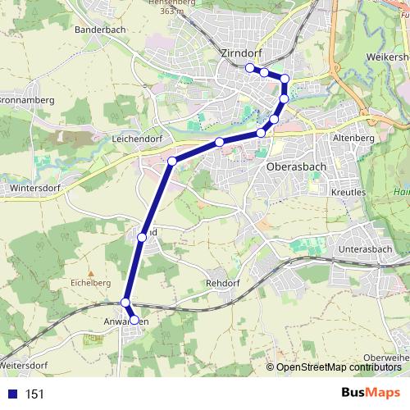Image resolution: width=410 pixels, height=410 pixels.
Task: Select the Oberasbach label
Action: (x=296, y=166)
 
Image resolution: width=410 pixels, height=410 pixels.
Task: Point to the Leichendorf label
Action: (x=138, y=140)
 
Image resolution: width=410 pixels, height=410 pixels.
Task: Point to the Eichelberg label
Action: (x=91, y=282)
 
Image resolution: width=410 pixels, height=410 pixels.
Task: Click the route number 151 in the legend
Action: (x=34, y=394)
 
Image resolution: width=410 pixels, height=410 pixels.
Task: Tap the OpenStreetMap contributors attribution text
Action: (x=339, y=367)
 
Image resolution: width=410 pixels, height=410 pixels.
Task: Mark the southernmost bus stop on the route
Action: (x=134, y=321)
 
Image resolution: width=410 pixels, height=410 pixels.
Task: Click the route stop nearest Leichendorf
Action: (x=172, y=161)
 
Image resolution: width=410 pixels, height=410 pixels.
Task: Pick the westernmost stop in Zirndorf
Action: (x=249, y=68)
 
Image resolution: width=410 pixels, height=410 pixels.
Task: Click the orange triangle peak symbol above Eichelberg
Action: (x=91, y=271)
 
